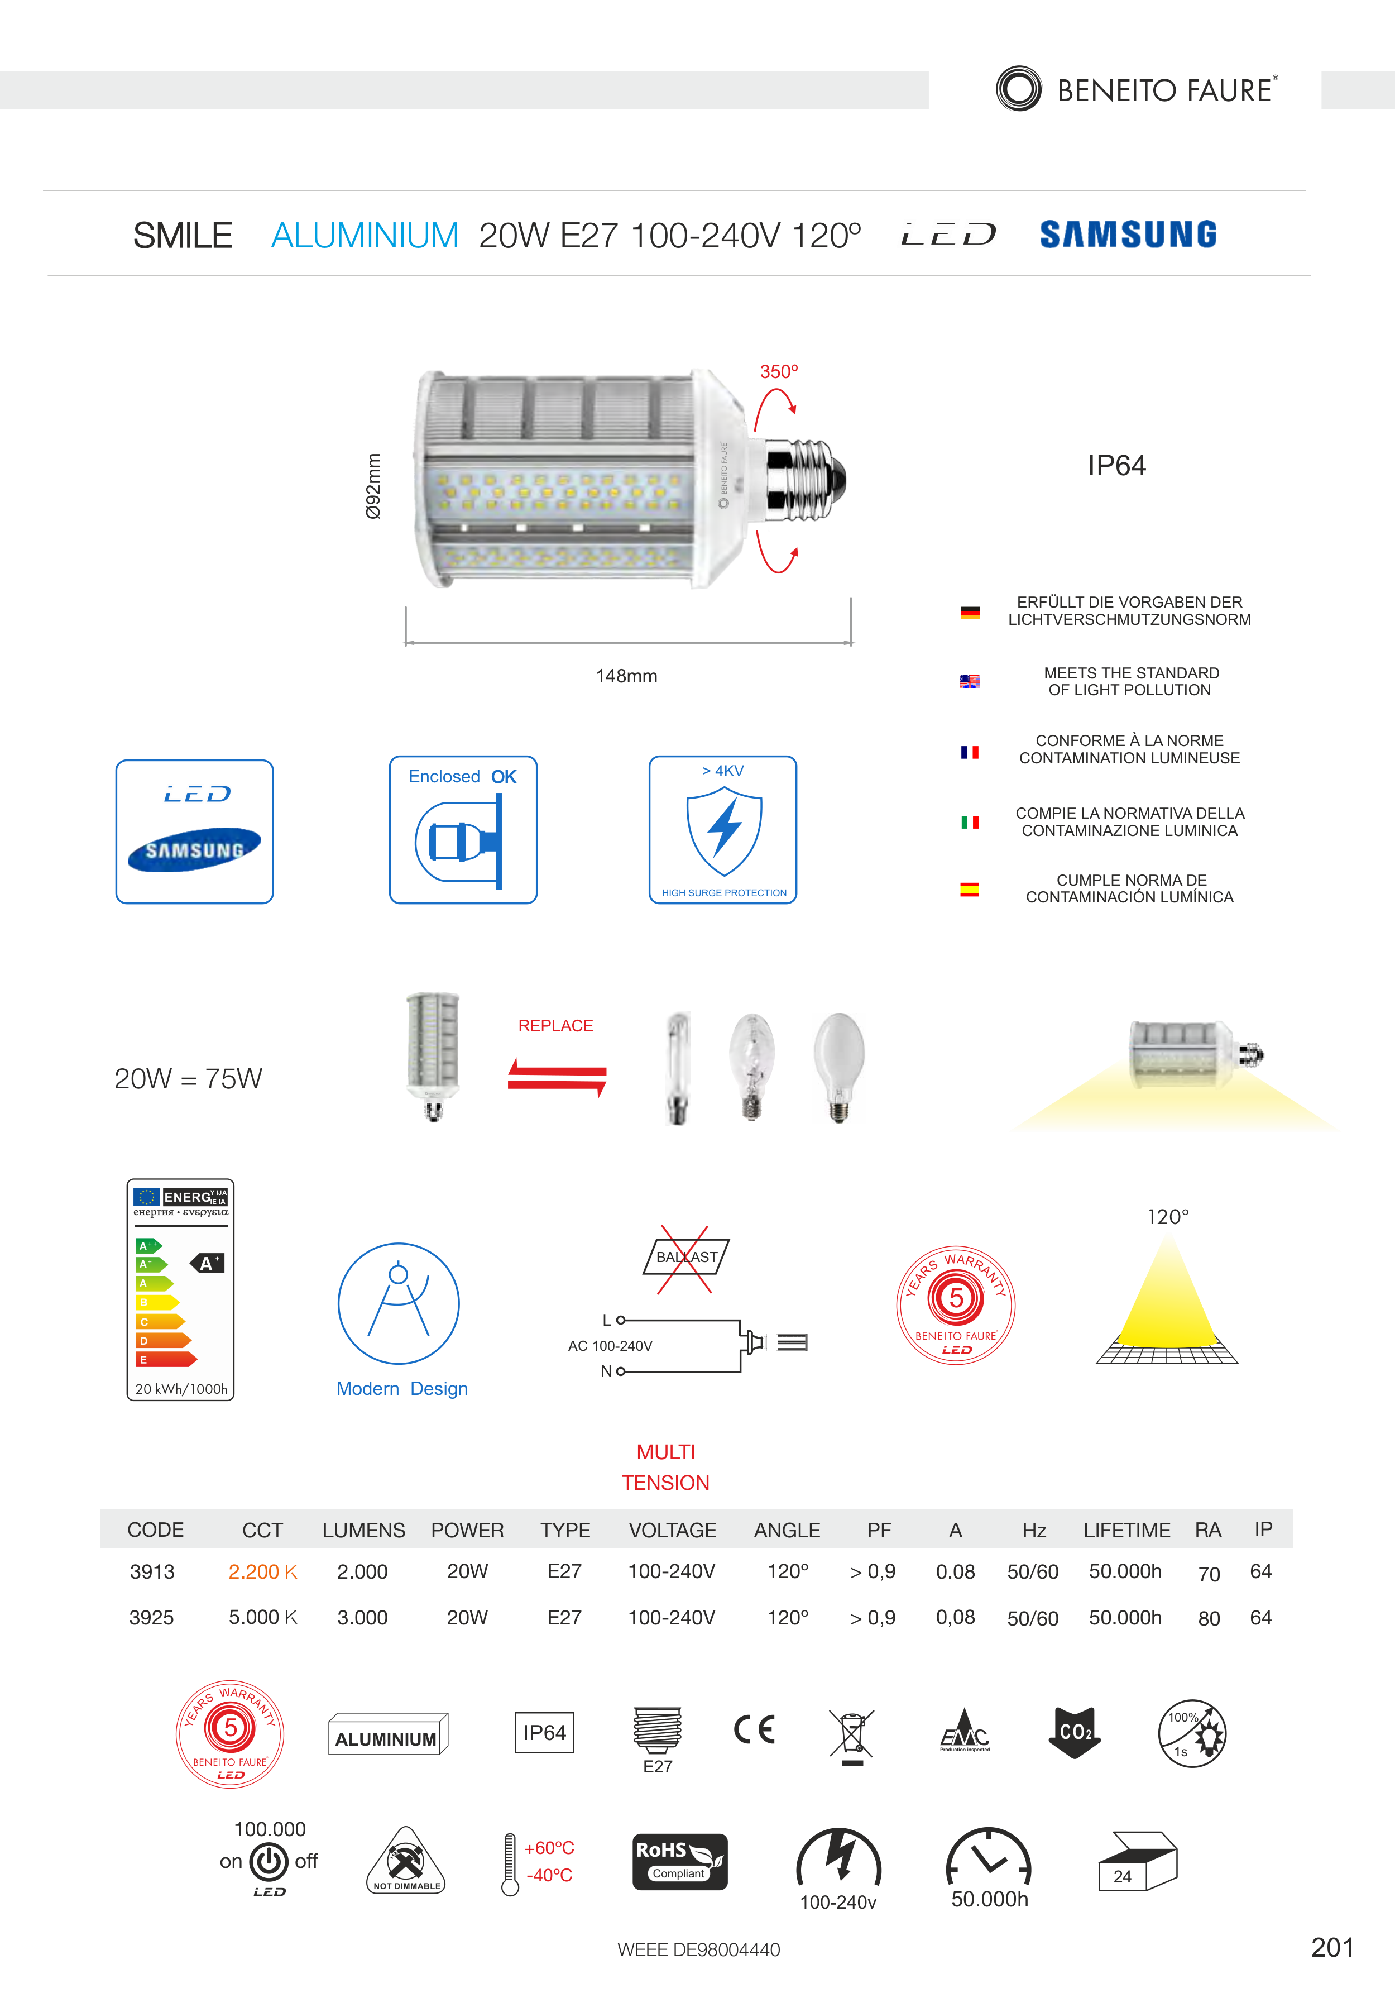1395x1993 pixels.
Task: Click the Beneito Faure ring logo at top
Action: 1019,89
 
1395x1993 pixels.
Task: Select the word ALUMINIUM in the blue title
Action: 365,235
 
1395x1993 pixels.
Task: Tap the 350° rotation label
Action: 779,371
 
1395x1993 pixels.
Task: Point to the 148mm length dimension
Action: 626,676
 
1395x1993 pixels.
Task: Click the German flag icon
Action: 970,612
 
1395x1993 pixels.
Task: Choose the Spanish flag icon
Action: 970,889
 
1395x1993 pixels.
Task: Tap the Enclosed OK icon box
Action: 463,830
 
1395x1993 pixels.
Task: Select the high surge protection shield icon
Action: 725,831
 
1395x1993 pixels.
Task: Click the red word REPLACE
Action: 556,1026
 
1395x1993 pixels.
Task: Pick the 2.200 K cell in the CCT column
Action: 263,1572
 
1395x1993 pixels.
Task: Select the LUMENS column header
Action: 363,1530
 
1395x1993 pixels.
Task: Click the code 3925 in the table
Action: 152,1618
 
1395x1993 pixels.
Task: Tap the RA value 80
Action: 1209,1619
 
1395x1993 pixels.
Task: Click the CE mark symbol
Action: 755,1730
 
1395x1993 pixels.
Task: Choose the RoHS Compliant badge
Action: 680,1862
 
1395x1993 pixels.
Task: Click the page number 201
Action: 1332,1948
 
